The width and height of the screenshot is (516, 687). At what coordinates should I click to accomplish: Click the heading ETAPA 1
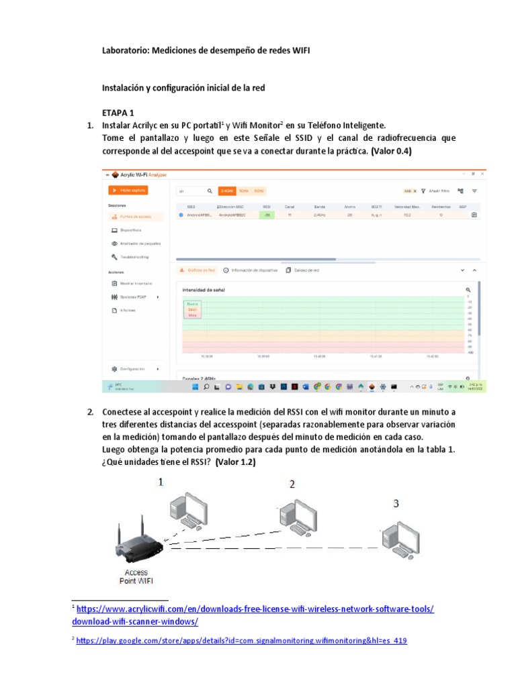coord(118,112)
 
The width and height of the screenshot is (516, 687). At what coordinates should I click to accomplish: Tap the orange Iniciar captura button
coord(128,191)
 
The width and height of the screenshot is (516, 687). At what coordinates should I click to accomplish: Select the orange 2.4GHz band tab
coord(228,191)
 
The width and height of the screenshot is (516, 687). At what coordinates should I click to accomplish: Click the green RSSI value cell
coord(267,215)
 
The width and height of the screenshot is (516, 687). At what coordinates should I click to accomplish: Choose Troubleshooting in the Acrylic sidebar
coord(134,257)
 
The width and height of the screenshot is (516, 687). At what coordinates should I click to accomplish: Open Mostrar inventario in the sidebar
coord(136,283)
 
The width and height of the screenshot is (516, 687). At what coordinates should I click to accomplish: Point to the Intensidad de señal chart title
coord(204,290)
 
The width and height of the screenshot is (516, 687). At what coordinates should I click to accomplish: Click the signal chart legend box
coord(193,309)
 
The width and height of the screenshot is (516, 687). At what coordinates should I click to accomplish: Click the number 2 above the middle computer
coord(292,484)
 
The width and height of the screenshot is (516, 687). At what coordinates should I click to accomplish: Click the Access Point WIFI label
coord(136,577)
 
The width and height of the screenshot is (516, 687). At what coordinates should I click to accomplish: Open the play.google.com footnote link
coord(242,641)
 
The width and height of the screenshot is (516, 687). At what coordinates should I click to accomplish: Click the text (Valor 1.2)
coord(235,463)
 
